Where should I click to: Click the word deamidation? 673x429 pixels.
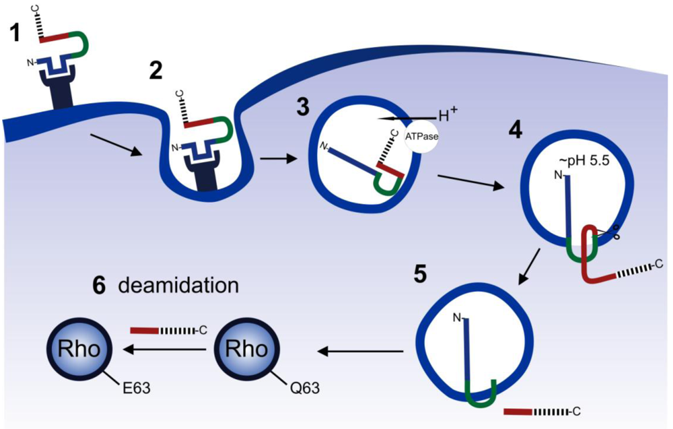178,286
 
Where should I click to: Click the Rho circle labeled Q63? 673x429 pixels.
244,350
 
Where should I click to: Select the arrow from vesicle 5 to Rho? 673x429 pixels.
361,350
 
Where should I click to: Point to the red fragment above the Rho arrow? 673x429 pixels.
144,331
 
